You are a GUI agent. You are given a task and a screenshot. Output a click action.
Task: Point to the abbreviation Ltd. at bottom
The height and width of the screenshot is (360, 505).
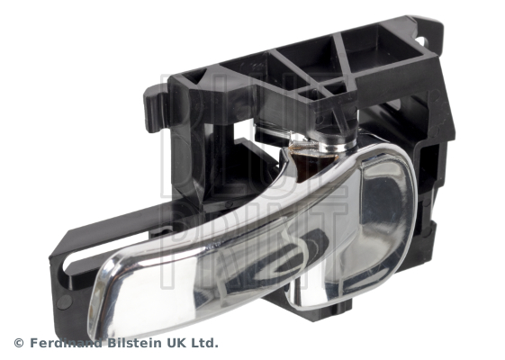[203, 343]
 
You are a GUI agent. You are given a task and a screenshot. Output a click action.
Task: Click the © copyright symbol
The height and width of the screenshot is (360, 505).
[19, 343]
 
